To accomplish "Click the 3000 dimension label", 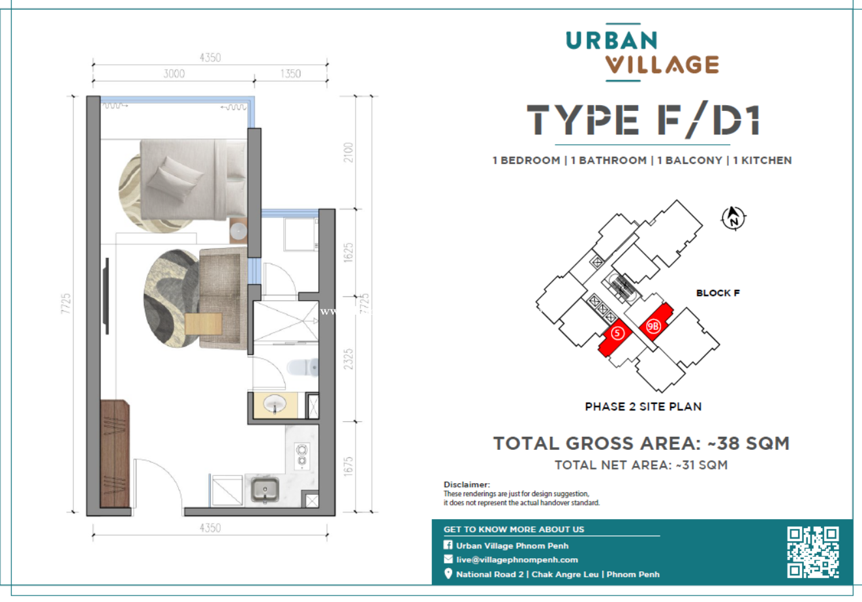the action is pyautogui.click(x=174, y=74).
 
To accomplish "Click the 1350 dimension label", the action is pyautogui.click(x=290, y=74).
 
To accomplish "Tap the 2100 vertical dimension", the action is pyautogui.click(x=348, y=153).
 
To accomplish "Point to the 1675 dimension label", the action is pyautogui.click(x=348, y=466).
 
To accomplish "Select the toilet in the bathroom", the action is pyautogui.click(x=303, y=367).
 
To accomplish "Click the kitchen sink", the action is pyautogui.click(x=265, y=490).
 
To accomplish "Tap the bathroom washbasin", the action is pyautogui.click(x=274, y=404).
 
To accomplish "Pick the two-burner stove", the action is pyautogui.click(x=301, y=456).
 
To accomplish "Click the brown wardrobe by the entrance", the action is pyautogui.click(x=115, y=453).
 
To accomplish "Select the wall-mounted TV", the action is pyautogui.click(x=106, y=296).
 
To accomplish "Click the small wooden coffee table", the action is pyautogui.click(x=203, y=324).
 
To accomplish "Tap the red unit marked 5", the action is pyautogui.click(x=615, y=337).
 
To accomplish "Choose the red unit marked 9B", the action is pyautogui.click(x=656, y=322).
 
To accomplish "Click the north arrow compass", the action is pyautogui.click(x=733, y=218).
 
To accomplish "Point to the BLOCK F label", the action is pyautogui.click(x=718, y=293).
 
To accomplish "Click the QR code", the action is pyautogui.click(x=813, y=552).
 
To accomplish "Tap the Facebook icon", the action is pyautogui.click(x=448, y=545).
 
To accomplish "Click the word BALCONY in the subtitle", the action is pyautogui.click(x=694, y=160).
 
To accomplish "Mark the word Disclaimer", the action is pyautogui.click(x=467, y=484).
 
